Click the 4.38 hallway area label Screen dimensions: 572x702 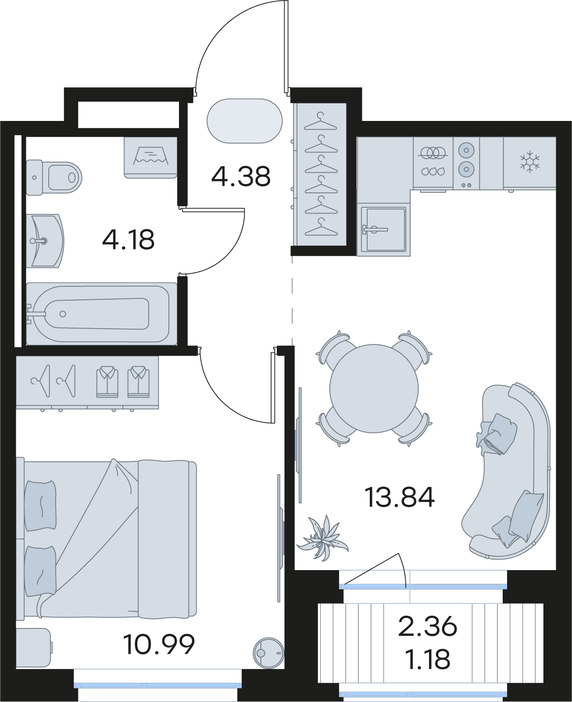point(241,176)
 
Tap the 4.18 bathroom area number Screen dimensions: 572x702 point(129,240)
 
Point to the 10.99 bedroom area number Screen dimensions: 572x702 point(159,644)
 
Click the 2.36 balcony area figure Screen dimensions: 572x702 point(428,627)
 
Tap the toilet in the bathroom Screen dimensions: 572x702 point(54,177)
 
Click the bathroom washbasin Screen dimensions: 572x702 point(45,241)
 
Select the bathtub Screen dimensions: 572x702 point(101,313)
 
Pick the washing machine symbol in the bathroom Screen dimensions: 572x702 point(150,158)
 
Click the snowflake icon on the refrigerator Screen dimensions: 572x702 point(530,162)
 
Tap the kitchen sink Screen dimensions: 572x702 point(383,229)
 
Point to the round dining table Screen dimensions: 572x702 point(374,389)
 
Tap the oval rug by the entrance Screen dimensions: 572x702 point(244,121)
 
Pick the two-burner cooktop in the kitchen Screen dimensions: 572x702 point(466,163)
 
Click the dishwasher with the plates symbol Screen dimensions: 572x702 point(433,163)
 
